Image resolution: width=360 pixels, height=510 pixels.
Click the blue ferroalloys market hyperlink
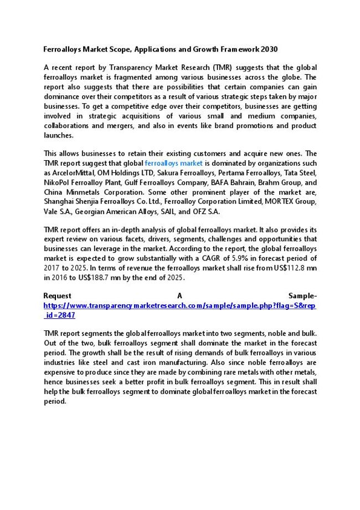[174, 164]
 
